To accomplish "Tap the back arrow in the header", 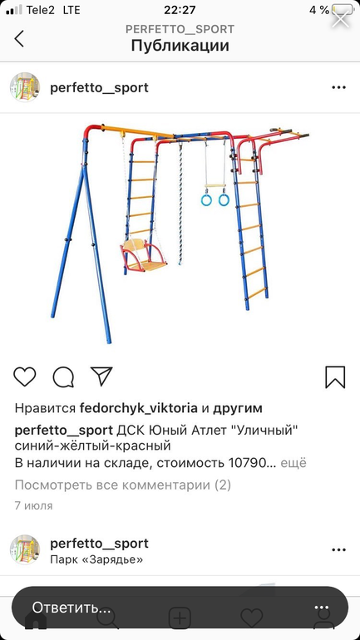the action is (19, 39).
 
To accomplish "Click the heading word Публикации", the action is (180, 46).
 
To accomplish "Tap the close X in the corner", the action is (340, 18).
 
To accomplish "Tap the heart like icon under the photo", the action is (25, 377).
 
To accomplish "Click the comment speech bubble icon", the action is (63, 377).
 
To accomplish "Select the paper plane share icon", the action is (101, 376).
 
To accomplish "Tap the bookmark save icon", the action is (335, 377).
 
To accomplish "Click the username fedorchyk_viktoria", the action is (139, 408).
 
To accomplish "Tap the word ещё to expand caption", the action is (293, 463).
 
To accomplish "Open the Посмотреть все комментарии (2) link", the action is (123, 485).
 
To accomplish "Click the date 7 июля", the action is (33, 505).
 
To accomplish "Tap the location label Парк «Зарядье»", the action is (96, 559).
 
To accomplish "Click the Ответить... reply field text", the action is (72, 608).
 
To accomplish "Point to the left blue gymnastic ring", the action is (206, 199).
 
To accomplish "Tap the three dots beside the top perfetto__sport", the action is (338, 87).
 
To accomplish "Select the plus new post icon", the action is (180, 618).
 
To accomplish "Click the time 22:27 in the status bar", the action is (180, 10).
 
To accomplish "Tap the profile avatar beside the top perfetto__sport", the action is (25, 87).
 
